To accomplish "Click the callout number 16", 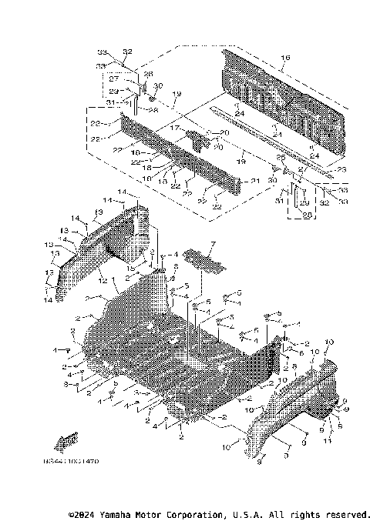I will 284,58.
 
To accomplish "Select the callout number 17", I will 175,128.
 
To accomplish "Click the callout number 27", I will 112,78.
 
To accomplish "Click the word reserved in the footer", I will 346,514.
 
